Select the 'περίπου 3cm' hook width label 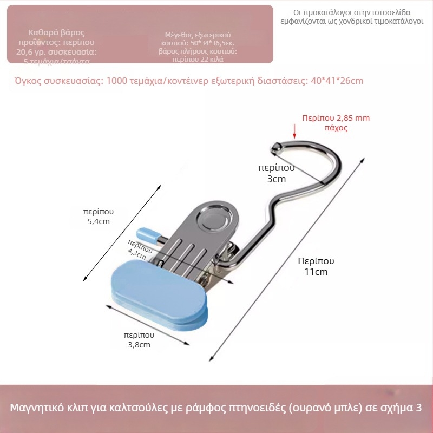click(276, 174)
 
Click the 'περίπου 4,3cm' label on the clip click(140, 248)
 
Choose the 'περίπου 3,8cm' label click(139, 339)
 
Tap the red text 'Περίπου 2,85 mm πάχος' click(336, 123)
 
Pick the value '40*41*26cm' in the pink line click(337, 81)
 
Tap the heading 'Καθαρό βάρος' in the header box click(57, 33)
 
